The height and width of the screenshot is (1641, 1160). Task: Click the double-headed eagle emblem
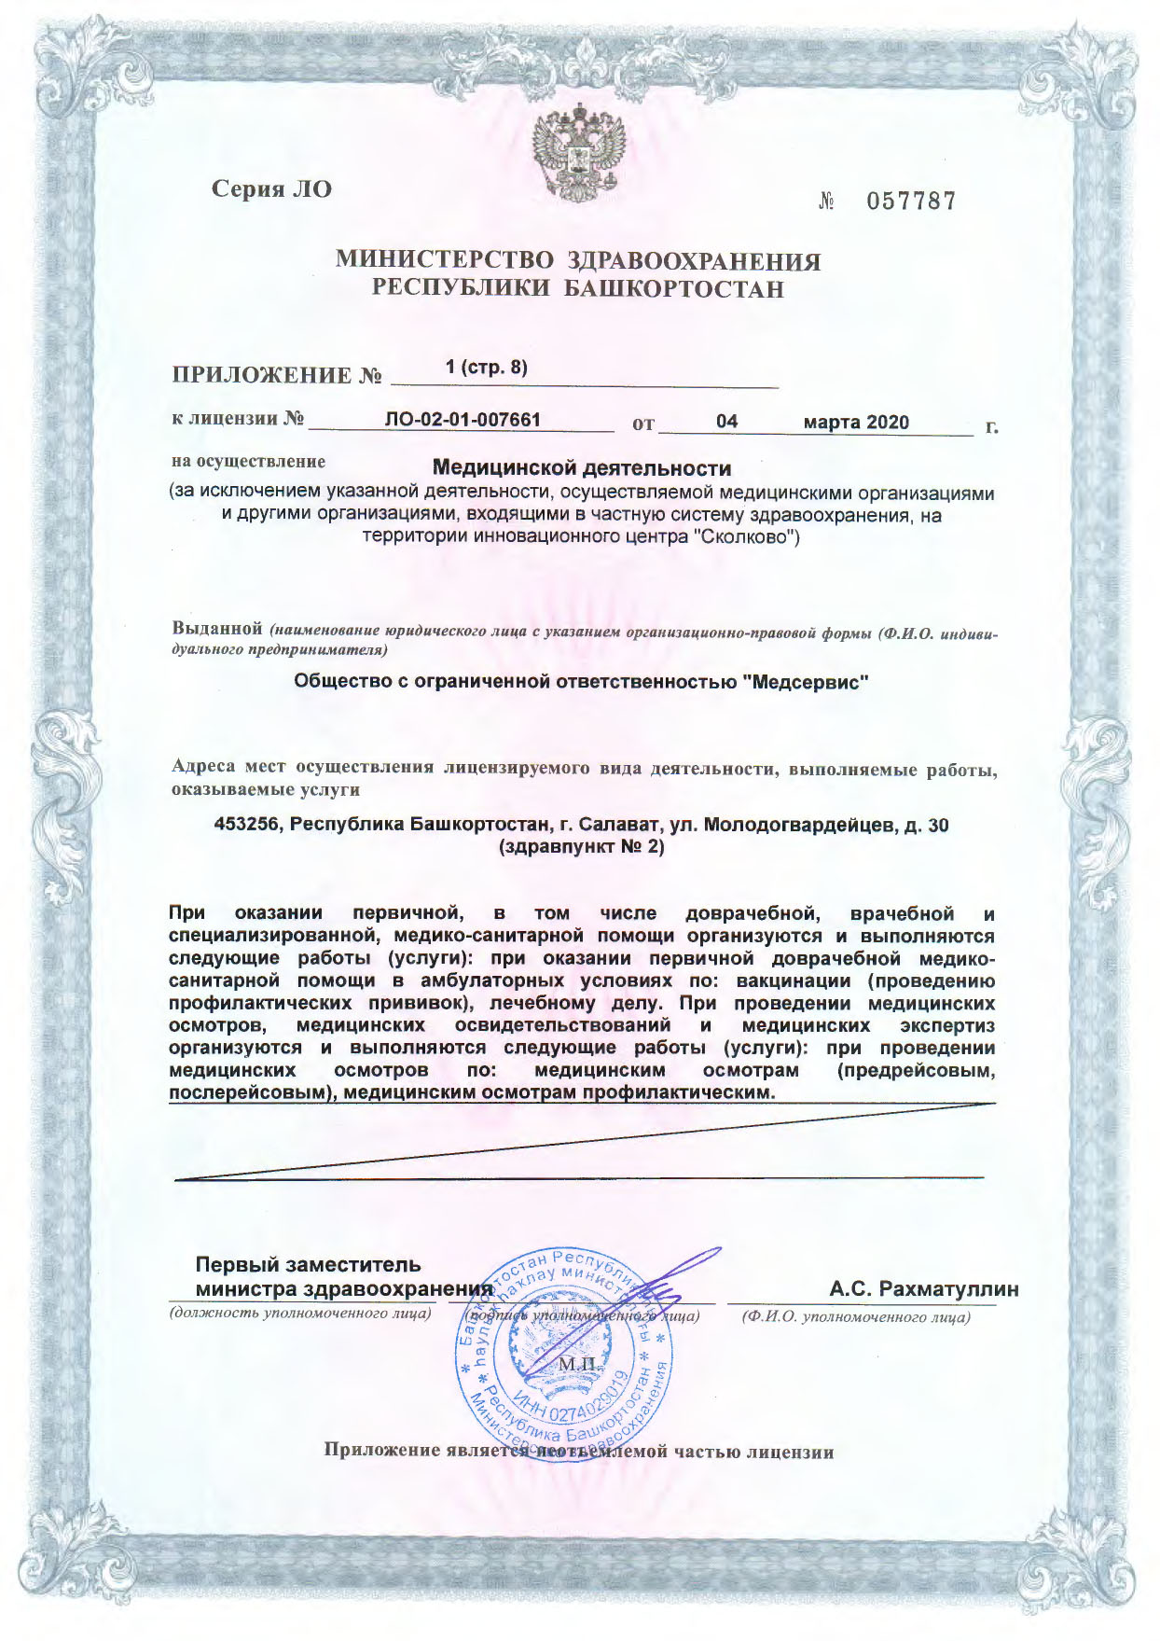(578, 152)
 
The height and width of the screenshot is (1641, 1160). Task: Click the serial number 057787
(911, 202)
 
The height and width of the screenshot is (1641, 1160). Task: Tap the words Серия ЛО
(271, 189)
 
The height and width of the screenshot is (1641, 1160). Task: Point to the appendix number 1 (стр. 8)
(487, 368)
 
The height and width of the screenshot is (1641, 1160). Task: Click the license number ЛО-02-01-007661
(463, 420)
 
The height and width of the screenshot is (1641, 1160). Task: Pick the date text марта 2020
(856, 423)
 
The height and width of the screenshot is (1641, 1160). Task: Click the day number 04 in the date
(726, 422)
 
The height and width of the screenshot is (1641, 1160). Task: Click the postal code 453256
(248, 825)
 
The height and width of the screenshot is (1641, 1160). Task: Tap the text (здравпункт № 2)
(582, 848)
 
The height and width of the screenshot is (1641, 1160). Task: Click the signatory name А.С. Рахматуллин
(924, 1289)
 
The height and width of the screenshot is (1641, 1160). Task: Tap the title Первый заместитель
(308, 1265)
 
